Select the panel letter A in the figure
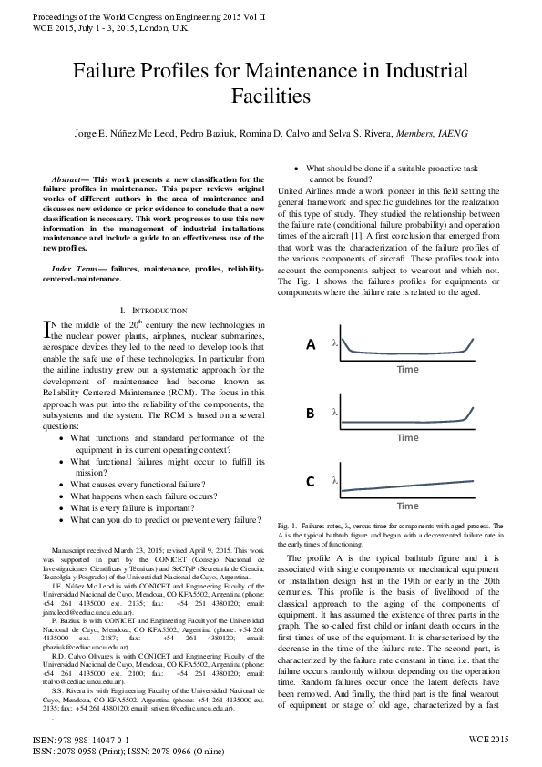coord(311,344)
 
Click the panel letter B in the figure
coord(311,414)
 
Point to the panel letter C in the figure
coord(311,482)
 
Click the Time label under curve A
coord(407,369)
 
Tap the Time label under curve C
coord(407,505)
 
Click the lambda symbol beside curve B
coord(335,413)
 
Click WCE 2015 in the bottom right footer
coord(488,742)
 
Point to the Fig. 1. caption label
coord(287,527)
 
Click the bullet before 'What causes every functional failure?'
coord(60,485)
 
